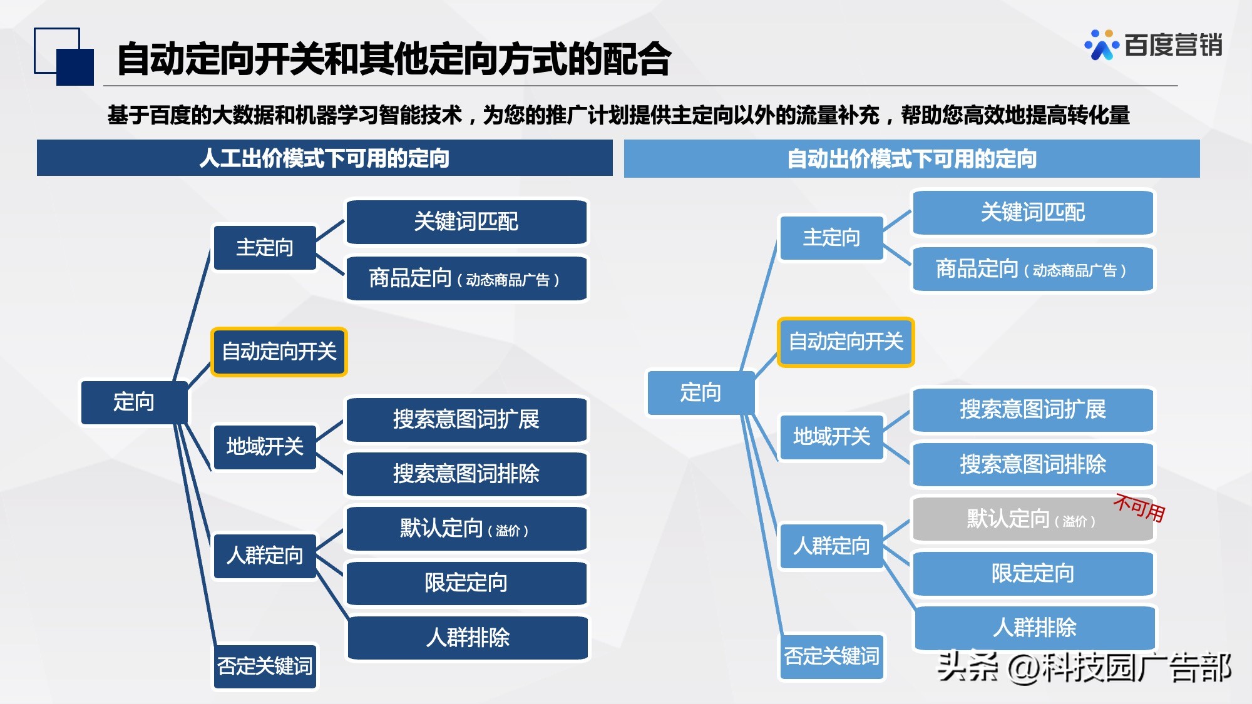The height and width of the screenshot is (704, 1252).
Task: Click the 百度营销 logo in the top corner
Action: [x=1154, y=45]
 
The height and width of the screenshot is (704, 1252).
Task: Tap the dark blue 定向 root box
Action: [x=134, y=402]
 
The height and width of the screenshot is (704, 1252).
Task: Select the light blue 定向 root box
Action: [x=700, y=392]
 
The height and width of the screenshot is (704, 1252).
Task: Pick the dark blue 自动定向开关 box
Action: [x=279, y=352]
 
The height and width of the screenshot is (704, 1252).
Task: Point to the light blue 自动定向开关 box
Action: [x=846, y=342]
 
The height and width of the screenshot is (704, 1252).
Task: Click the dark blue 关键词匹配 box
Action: [x=466, y=222]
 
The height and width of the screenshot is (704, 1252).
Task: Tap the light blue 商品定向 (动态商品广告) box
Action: [x=1033, y=269]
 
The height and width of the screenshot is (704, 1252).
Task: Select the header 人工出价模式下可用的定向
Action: [x=324, y=158]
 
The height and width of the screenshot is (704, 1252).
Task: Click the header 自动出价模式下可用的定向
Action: [x=911, y=159]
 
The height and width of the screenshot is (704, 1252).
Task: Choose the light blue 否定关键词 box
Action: [x=831, y=656]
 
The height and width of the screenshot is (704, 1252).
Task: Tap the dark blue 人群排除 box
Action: [x=468, y=638]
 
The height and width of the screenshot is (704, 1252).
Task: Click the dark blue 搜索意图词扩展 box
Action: [x=466, y=419]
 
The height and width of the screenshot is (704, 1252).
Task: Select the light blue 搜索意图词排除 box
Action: [x=1033, y=464]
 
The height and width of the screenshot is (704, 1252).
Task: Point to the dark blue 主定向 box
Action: [x=265, y=248]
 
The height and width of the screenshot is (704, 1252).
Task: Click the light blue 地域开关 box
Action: [x=831, y=437]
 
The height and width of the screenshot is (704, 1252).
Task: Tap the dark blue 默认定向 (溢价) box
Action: [x=466, y=529]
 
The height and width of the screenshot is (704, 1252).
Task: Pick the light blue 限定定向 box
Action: [x=1033, y=573]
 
